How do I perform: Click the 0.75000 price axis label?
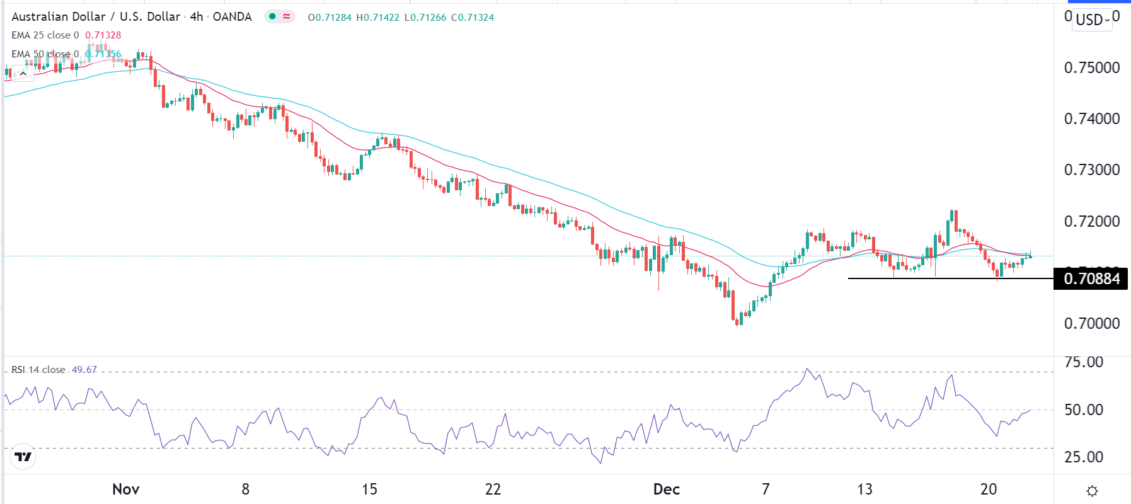[x=1091, y=67]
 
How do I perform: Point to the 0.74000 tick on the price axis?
[x=1091, y=118]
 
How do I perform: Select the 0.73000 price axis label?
[x=1091, y=169]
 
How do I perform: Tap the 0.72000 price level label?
[x=1091, y=221]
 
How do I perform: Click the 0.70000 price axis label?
[x=1091, y=323]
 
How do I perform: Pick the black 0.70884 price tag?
[x=1091, y=278]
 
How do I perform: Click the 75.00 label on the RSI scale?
[x=1084, y=362]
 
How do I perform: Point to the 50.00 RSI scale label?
[x=1084, y=409]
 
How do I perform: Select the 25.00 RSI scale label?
[x=1084, y=457]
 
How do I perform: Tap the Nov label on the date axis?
[x=125, y=489]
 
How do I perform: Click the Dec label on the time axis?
[x=666, y=489]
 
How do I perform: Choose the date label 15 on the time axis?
[x=369, y=489]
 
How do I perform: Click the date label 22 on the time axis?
[x=493, y=489]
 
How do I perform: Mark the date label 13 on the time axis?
[x=864, y=489]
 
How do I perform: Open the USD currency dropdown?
[x=1093, y=20]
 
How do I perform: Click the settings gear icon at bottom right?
[x=1093, y=491]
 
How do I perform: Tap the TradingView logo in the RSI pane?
[x=23, y=457]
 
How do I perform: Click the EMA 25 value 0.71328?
[x=103, y=35]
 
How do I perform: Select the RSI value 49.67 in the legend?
[x=84, y=370]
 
